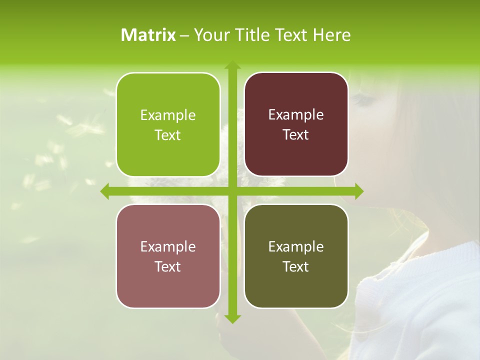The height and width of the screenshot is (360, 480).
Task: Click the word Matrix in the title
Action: (x=148, y=35)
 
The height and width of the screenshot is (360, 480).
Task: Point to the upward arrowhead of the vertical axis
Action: (x=232, y=65)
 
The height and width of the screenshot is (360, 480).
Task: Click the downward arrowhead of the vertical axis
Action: (x=232, y=318)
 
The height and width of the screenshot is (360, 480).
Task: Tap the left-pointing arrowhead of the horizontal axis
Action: (x=105, y=191)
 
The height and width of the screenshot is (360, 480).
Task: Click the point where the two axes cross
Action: (x=232, y=191)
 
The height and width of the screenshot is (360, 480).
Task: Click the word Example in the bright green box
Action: (x=168, y=115)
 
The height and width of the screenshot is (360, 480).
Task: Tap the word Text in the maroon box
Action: (x=296, y=135)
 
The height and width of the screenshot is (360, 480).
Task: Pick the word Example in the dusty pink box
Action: (x=168, y=246)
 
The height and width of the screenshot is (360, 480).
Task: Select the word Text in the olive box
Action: (x=296, y=266)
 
